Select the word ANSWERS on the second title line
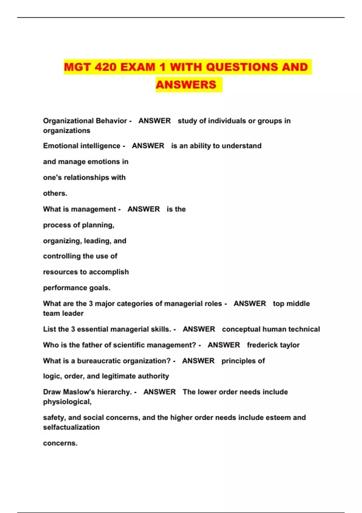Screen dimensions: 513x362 (x=186, y=85)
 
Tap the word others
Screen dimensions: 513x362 (x=55, y=193)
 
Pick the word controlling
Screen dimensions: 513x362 (x=62, y=256)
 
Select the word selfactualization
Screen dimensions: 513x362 (x=71, y=428)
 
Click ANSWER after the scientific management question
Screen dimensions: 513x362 (x=224, y=345)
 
